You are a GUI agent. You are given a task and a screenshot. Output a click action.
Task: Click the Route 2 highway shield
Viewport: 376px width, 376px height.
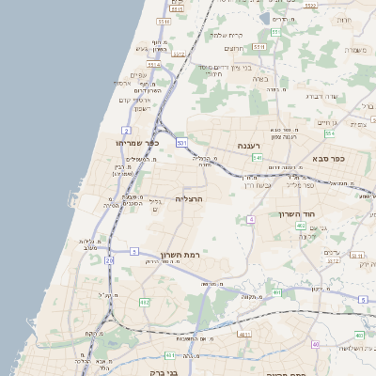tap(126, 130)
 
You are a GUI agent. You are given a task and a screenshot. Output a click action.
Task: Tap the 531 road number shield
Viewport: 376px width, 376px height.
tap(180, 142)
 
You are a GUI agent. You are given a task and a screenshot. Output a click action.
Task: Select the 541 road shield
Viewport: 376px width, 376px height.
tap(257, 158)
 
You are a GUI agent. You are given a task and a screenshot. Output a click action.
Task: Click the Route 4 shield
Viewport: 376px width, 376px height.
tap(252, 219)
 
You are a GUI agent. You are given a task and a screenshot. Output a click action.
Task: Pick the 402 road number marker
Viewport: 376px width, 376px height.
tap(300, 226)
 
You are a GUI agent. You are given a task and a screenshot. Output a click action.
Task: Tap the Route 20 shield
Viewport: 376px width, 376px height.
tap(110, 259)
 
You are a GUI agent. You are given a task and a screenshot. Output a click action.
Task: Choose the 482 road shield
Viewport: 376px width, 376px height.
tap(145, 302)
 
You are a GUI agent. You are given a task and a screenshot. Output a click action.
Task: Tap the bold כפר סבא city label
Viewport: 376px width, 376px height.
tap(325, 158)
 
